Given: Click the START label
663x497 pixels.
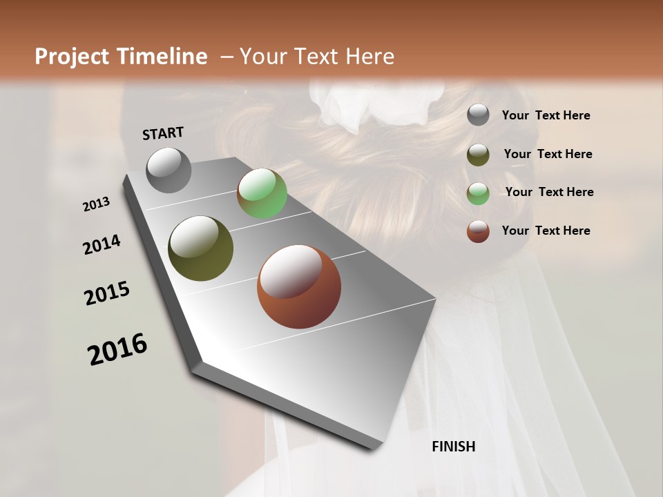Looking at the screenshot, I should (163, 133).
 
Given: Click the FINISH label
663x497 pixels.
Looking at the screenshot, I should (453, 447).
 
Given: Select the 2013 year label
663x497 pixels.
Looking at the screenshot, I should (97, 204).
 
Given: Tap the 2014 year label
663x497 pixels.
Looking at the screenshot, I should (102, 244).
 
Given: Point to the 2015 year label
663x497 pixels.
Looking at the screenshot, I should (107, 293).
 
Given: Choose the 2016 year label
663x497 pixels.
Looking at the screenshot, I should (117, 349).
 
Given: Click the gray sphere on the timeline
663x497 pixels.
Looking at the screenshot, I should (169, 170).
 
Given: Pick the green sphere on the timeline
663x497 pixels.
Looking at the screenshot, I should (262, 193).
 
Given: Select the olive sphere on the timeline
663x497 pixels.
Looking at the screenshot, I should (200, 248).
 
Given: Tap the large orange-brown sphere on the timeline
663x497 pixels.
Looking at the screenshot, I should (299, 286).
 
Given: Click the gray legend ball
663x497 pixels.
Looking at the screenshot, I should (478, 115).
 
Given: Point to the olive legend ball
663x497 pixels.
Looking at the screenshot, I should (478, 155).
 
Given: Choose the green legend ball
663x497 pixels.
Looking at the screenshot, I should (478, 193).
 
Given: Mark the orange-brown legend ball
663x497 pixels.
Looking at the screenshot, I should (478, 231).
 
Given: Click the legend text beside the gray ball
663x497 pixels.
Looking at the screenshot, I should (546, 115).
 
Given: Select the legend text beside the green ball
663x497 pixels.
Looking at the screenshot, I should (549, 192).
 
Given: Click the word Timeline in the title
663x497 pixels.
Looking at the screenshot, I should (162, 57).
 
